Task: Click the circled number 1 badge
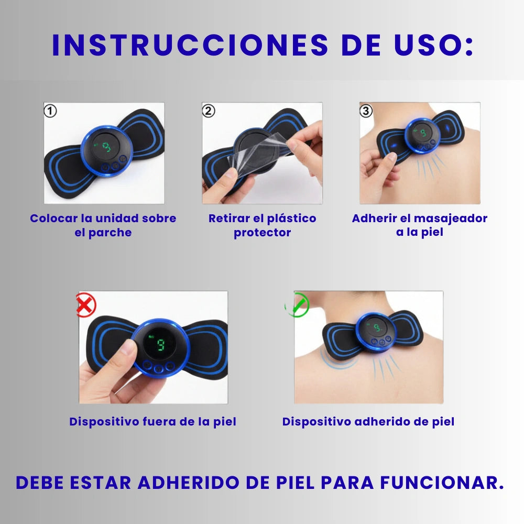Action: (51, 111)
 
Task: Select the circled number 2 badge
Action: (209, 111)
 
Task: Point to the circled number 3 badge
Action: (366, 111)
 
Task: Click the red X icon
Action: (86, 305)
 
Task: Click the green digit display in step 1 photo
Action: (106, 147)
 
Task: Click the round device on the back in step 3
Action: (422, 136)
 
